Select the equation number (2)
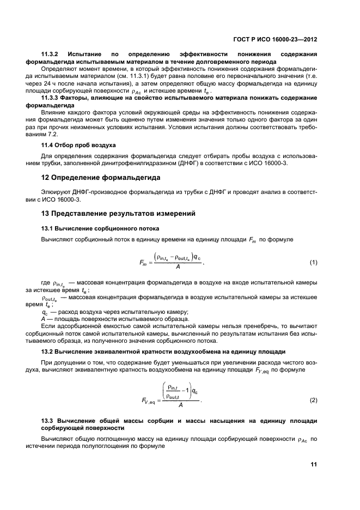(313, 400)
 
